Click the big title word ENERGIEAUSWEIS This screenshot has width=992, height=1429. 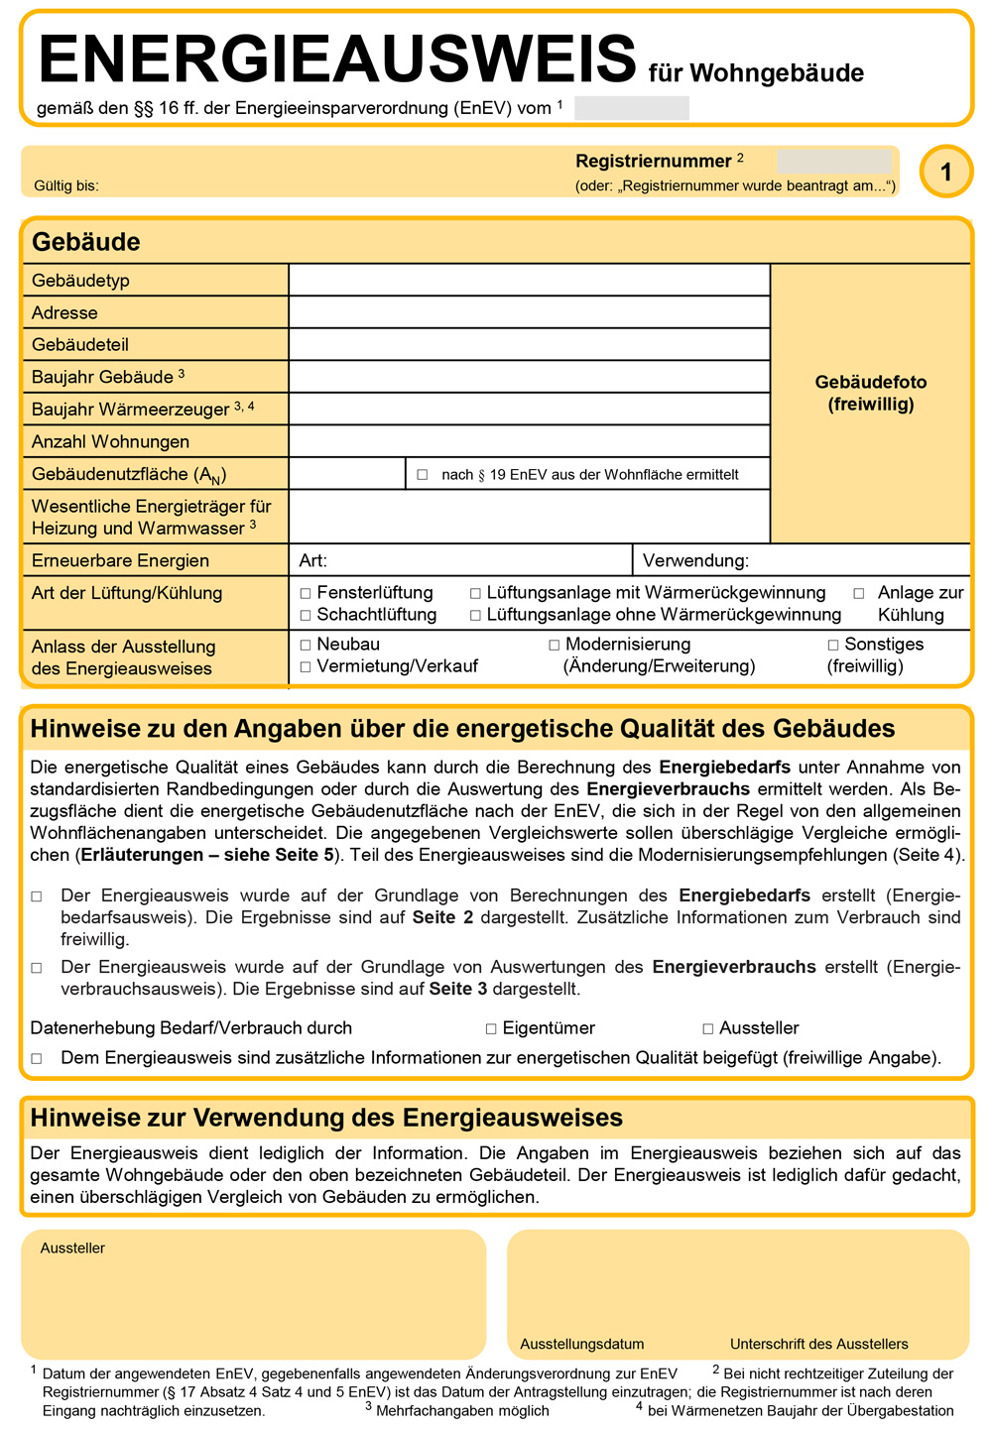[x=337, y=60]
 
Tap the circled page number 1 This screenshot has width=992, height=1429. [x=945, y=172]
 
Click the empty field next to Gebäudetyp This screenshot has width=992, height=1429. [x=529, y=281]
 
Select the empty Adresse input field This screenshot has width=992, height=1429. [x=529, y=312]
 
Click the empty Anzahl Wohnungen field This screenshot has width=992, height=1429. [x=529, y=441]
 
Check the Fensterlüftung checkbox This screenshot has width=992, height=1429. [x=306, y=593]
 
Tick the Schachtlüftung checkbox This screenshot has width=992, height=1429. [x=306, y=615]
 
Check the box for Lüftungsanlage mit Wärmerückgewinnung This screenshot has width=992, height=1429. [x=475, y=593]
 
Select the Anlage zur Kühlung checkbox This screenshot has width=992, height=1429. [x=859, y=593]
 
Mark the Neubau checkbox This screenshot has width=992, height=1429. [x=306, y=645]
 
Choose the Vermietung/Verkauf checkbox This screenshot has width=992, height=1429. [x=306, y=666]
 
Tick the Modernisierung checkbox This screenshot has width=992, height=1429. [x=555, y=645]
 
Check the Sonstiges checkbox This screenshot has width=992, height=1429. [x=833, y=645]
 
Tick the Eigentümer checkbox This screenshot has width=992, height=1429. [x=491, y=1029]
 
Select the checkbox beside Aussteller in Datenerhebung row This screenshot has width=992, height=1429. [x=707, y=1029]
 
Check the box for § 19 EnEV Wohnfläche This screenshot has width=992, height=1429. [x=423, y=475]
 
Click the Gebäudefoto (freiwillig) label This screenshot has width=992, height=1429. [x=870, y=393]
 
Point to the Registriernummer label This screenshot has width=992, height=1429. [x=653, y=161]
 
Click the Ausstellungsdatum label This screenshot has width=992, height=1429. [x=581, y=1344]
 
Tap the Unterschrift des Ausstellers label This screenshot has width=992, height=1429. [x=818, y=1344]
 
